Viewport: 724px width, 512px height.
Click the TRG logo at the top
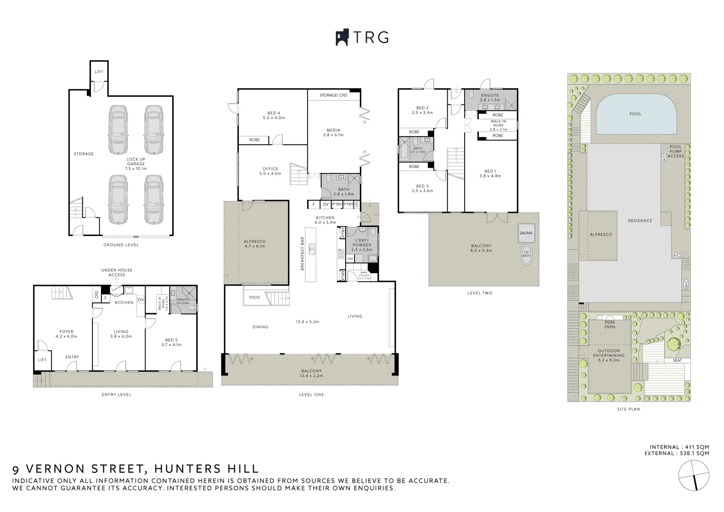pos(362,37)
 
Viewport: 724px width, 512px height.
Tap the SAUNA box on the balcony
pos(526,233)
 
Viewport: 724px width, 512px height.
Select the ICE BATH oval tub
pos(526,254)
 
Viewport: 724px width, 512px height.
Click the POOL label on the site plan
pos(635,114)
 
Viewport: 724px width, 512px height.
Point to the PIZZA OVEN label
pos(610,325)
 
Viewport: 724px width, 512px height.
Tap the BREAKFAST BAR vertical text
pos(302,254)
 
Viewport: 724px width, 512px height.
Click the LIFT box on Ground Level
pos(99,72)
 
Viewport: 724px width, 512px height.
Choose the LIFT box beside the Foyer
pos(42,360)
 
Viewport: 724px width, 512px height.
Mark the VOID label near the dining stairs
pos(254,297)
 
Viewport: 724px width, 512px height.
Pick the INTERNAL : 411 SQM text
pos(679,447)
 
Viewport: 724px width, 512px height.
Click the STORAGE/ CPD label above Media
pos(333,95)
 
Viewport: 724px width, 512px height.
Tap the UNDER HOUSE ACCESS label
pos(117,272)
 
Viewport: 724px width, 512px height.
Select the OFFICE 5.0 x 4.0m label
pos(270,171)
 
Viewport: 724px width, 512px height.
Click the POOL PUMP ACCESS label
pos(675,151)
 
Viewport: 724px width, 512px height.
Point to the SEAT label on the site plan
pos(677,360)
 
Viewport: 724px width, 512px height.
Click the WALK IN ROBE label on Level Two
pos(498,125)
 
